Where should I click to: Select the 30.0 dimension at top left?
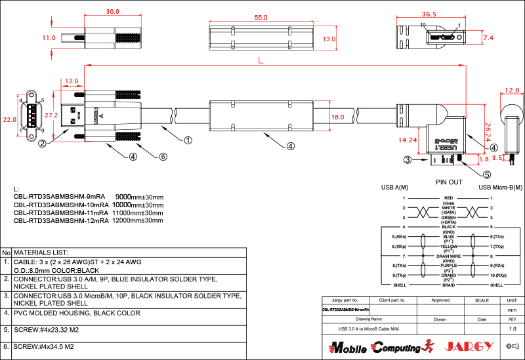[112, 12]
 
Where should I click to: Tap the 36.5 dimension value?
[429, 14]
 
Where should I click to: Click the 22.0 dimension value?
[9, 120]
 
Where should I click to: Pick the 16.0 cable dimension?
[337, 117]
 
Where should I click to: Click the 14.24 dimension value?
[408, 140]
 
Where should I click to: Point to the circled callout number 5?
[486, 174]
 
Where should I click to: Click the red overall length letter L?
[261, 60]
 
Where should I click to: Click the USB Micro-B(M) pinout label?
[501, 188]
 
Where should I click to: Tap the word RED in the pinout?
[449, 198]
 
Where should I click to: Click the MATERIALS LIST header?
[41, 252]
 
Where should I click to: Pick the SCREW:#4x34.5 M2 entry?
[43, 346]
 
